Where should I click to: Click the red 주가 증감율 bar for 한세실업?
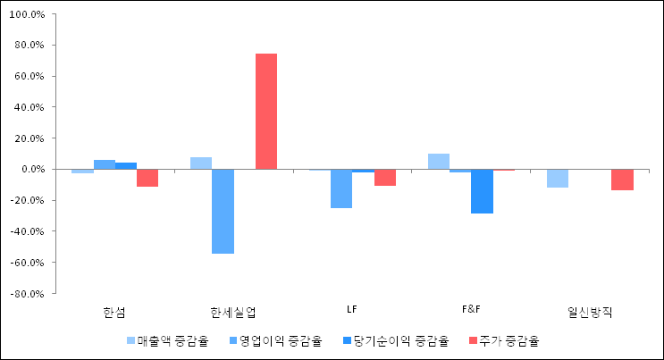coord(266,112)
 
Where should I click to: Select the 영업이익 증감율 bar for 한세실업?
coord(223,211)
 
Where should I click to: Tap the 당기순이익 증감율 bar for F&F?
coord(482,191)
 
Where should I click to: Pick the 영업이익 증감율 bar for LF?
coord(341,188)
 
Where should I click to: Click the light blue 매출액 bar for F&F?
coord(438,162)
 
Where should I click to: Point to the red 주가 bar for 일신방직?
coord(622,180)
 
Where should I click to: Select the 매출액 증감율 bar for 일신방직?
coord(557,178)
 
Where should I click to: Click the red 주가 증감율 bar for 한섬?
coord(147,178)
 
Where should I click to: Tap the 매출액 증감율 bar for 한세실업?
coord(201,163)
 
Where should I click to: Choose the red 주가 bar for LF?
coord(385,177)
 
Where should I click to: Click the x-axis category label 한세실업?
coord(233,312)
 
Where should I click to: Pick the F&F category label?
coord(471,310)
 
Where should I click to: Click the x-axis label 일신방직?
coord(590,312)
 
